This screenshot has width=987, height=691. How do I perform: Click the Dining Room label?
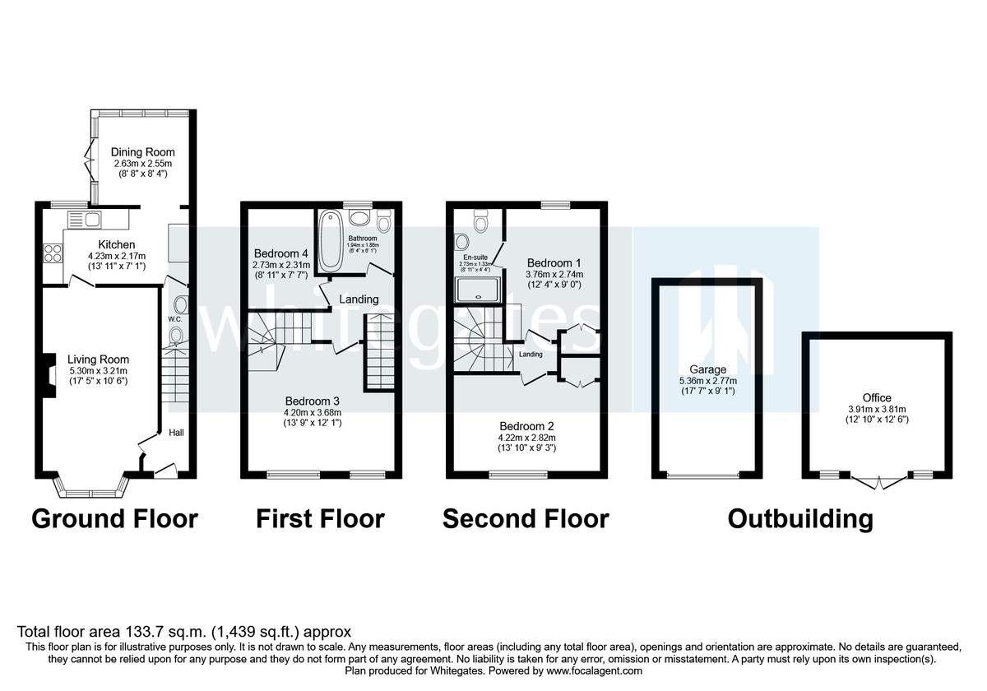(143, 152)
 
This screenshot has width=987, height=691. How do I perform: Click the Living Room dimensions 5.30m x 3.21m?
(98, 371)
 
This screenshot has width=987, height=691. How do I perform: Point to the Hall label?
(177, 433)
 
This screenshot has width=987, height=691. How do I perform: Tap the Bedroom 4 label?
(281, 253)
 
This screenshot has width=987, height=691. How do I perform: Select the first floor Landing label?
(359, 299)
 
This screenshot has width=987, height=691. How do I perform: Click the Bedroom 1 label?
(555, 262)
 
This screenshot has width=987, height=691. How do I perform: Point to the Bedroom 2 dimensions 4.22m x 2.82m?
(527, 438)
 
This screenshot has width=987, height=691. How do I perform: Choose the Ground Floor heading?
(114, 519)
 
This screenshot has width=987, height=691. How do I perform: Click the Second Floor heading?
(526, 519)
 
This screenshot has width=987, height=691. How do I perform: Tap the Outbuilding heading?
(800, 519)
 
